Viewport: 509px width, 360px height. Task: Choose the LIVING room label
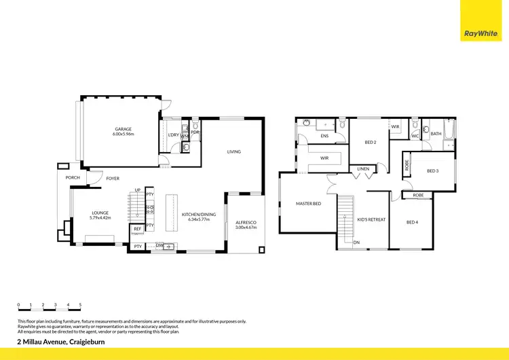pyautogui.click(x=233, y=151)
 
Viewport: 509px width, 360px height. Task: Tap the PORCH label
pyautogui.click(x=73, y=178)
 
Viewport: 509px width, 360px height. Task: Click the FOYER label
pyautogui.click(x=113, y=178)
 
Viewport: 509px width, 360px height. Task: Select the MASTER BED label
pyautogui.click(x=307, y=203)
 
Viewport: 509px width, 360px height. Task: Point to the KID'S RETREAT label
pyautogui.click(x=371, y=219)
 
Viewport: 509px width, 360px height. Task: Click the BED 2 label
pyautogui.click(x=371, y=143)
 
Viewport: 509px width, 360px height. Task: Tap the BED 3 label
pyautogui.click(x=433, y=170)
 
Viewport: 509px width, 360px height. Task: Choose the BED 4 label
pyautogui.click(x=413, y=221)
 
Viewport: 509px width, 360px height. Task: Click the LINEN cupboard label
pyautogui.click(x=363, y=168)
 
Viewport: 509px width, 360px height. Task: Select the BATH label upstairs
pyautogui.click(x=436, y=134)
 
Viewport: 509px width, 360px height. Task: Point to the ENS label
pyautogui.click(x=324, y=136)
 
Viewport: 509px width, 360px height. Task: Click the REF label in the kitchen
pyautogui.click(x=137, y=229)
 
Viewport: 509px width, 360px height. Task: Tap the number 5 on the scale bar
pyautogui.click(x=80, y=305)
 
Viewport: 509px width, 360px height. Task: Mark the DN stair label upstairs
pyautogui.click(x=356, y=242)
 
